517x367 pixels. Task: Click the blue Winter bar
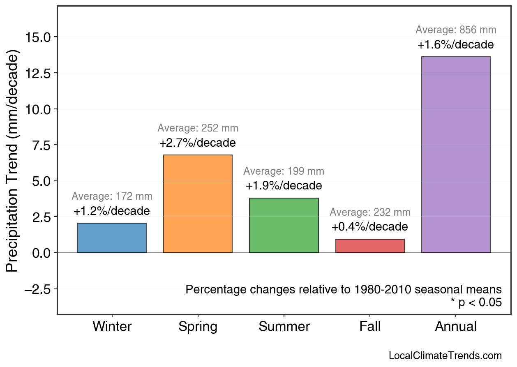(x=112, y=238)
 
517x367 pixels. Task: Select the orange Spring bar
(x=198, y=204)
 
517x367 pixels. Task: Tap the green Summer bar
(x=284, y=225)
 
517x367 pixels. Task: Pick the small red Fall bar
(x=370, y=246)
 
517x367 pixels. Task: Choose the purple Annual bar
(x=456, y=155)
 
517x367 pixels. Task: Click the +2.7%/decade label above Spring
(x=198, y=143)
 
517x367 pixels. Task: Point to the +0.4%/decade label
(x=370, y=227)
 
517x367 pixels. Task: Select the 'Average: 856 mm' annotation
(x=456, y=30)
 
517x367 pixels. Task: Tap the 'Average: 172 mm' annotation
(x=112, y=196)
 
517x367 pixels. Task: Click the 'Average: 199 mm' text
(x=284, y=171)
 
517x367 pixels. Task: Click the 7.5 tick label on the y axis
(x=42, y=145)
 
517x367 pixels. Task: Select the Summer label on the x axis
(x=284, y=327)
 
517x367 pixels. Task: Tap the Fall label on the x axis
(x=370, y=327)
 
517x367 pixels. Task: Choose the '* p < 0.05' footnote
(x=476, y=302)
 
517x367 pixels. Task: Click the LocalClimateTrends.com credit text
(x=445, y=356)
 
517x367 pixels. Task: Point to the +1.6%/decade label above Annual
(x=456, y=45)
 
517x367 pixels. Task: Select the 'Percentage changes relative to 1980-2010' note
(x=344, y=289)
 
